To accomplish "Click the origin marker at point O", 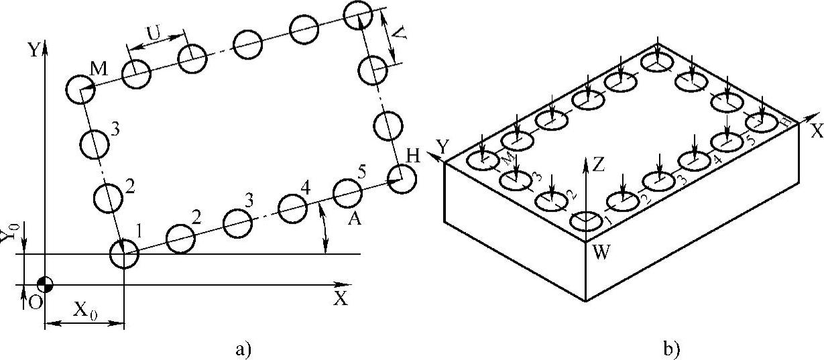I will click(45, 283).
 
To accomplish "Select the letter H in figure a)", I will click(413, 156).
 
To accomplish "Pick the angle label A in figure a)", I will click(355, 221).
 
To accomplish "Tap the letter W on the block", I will click(600, 253).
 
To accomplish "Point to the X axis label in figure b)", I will click(815, 131).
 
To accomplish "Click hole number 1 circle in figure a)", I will click(124, 254).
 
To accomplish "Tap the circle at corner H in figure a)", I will click(402, 180).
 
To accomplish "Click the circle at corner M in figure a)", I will click(81, 89).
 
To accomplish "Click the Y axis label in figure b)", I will click(442, 145).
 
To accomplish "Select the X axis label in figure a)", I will click(341, 300).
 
